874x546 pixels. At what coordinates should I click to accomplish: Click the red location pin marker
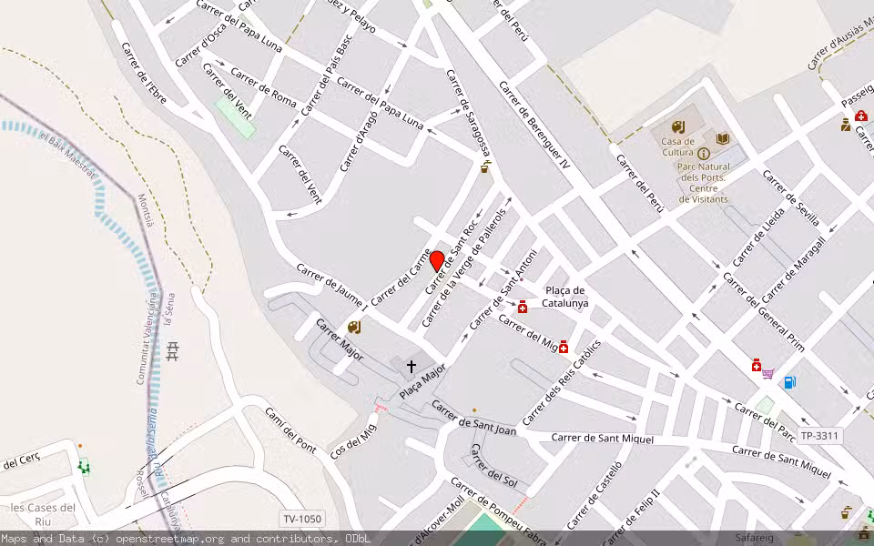pos(437,262)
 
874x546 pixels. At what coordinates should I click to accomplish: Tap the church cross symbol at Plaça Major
pos(412,367)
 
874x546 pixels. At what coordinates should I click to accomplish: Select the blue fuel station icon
pos(788,381)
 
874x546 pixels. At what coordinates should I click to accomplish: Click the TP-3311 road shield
pos(819,436)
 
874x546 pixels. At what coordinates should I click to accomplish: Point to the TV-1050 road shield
pos(302,519)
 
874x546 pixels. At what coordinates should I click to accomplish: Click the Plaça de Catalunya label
pos(564,297)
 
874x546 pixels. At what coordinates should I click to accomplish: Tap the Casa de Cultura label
pos(677,147)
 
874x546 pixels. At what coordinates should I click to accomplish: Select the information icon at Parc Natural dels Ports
pos(704,154)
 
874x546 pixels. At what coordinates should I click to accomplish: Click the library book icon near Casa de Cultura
pos(723,138)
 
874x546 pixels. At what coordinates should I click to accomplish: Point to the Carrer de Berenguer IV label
pos(534,125)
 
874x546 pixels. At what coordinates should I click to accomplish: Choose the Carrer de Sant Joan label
pos(473,418)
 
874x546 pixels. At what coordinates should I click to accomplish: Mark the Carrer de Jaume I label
pos(331,287)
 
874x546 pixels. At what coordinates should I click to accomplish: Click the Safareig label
pos(754,538)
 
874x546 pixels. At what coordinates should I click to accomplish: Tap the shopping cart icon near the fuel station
pos(768,373)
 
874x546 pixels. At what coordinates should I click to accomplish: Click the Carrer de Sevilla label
pos(791,198)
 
